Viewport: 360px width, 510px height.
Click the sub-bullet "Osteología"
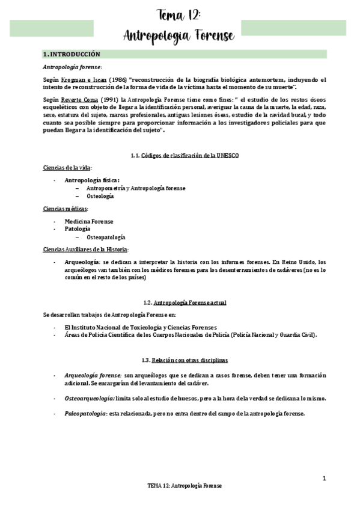100,196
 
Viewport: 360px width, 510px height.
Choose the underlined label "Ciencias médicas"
65,208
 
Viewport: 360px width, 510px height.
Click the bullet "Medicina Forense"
89,221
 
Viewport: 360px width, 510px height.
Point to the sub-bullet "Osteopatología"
106,238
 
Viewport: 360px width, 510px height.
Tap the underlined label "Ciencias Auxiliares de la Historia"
85,250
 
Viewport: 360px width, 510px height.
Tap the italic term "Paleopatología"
85,414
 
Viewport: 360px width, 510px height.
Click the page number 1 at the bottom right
324,478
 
